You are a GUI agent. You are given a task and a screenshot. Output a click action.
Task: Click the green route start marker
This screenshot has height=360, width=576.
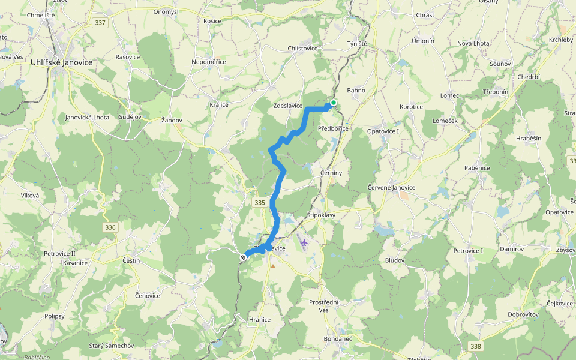click(333, 103)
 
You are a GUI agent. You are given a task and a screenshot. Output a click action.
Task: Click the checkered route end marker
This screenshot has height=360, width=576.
click(244, 257)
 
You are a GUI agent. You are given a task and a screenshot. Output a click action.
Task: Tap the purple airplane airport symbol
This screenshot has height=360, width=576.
click(305, 242)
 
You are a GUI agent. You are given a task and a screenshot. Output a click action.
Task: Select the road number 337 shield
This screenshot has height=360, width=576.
click(100, 23)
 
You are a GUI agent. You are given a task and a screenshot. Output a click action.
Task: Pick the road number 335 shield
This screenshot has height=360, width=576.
click(259, 203)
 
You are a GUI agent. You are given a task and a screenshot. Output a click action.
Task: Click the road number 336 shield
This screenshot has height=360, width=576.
click(109, 227)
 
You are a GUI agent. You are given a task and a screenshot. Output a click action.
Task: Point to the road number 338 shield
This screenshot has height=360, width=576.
click(476, 346)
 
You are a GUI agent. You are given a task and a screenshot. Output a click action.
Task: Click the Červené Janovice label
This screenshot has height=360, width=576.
click(391, 188)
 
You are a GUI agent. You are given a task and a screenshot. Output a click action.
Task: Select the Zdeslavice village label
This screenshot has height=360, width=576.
click(288, 106)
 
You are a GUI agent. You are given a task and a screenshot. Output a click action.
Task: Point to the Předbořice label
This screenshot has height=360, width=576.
click(333, 128)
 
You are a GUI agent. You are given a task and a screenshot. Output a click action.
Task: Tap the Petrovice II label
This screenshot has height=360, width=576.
click(59, 253)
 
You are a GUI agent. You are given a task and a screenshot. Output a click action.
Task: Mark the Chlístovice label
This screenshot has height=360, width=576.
click(302, 49)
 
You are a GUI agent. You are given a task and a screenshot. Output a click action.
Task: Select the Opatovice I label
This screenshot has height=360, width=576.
click(383, 131)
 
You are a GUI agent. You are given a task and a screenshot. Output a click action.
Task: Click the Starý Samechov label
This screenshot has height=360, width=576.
click(111, 346)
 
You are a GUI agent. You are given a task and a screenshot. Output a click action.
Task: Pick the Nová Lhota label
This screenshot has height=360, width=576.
click(473, 44)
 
